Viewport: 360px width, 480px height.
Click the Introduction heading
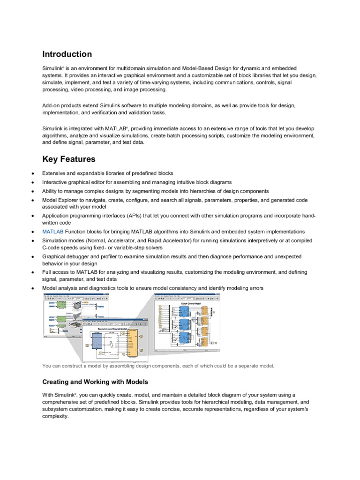coord(67,54)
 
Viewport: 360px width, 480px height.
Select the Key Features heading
coord(69,159)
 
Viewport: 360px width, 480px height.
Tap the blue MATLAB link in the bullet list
coord(52,232)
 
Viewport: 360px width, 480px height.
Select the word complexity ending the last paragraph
coord(55,416)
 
